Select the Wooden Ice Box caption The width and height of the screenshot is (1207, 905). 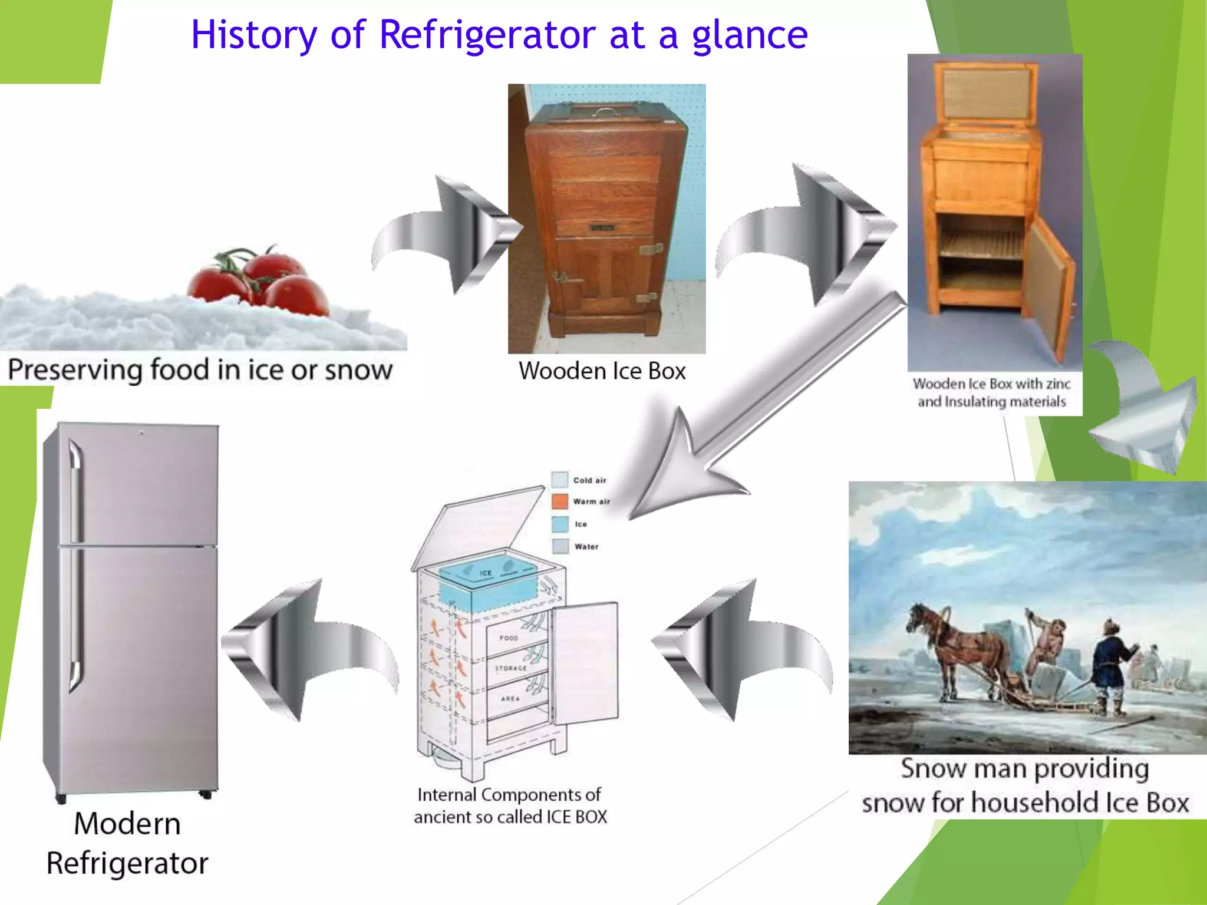(x=602, y=371)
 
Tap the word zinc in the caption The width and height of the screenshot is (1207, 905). (x=1058, y=384)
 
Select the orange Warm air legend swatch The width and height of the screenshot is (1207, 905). (x=559, y=501)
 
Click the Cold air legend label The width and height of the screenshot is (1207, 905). (x=589, y=480)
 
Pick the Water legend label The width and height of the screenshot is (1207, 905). (x=586, y=547)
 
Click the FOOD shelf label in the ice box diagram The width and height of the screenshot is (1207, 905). (x=509, y=638)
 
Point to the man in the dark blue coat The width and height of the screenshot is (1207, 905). (x=1111, y=666)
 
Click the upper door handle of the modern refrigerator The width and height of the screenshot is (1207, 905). (x=75, y=489)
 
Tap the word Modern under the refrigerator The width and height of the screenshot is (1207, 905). (x=127, y=824)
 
